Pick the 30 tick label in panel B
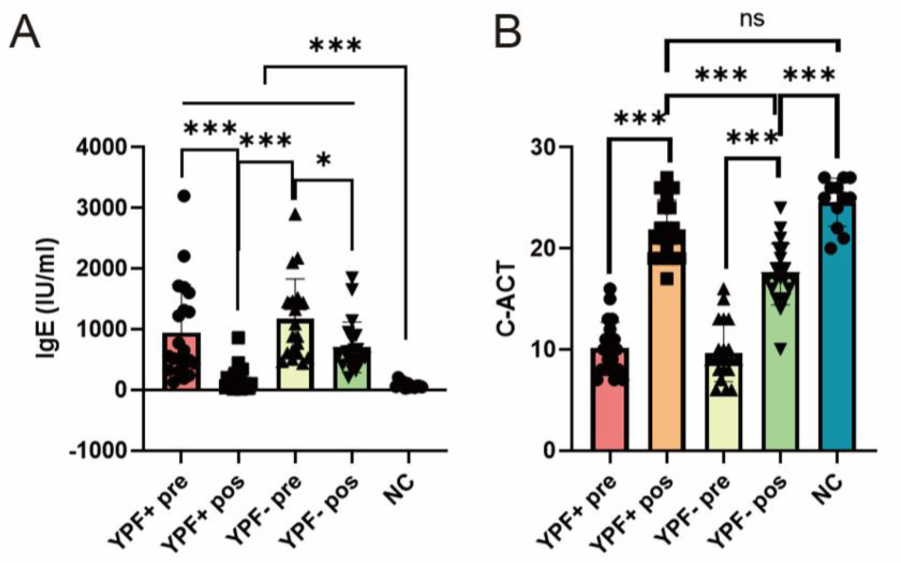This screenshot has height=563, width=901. [x=542, y=147]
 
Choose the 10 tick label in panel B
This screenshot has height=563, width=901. [x=542, y=350]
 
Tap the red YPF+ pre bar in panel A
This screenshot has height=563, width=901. [x=182, y=370]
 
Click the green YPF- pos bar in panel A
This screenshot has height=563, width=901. [x=352, y=375]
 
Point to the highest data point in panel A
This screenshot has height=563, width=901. [x=184, y=196]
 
